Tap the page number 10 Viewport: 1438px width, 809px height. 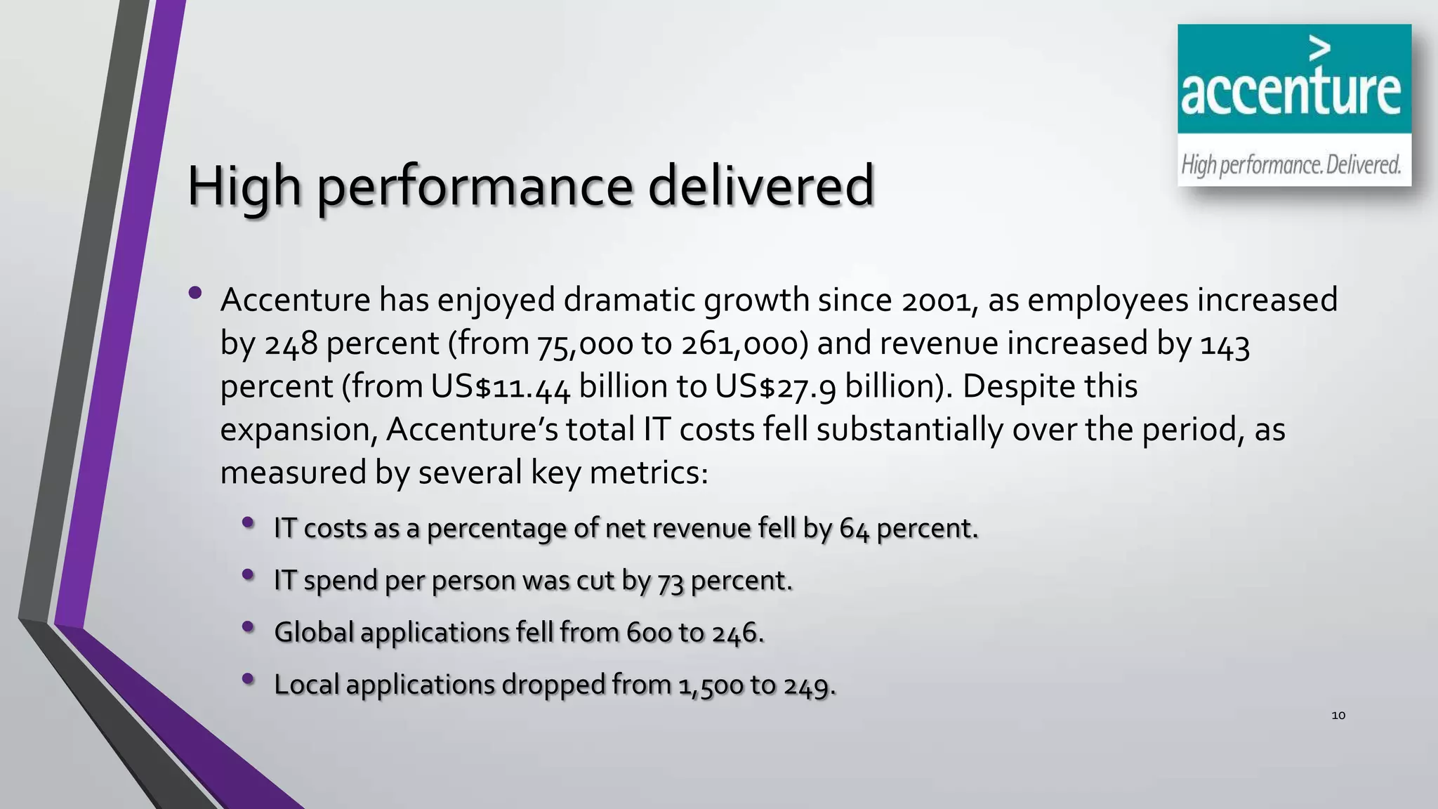(1338, 716)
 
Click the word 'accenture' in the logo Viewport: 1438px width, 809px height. (1291, 92)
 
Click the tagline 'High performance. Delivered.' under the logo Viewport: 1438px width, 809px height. (1291, 165)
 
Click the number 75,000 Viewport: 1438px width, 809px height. (585, 344)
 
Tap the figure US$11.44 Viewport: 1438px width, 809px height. (501, 387)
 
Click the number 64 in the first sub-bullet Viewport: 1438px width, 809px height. (854, 529)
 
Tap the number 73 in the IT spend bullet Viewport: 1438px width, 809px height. (670, 581)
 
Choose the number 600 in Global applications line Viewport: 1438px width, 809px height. (648, 633)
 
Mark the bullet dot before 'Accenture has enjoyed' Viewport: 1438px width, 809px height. (195, 292)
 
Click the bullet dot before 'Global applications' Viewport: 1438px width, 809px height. (248, 626)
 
